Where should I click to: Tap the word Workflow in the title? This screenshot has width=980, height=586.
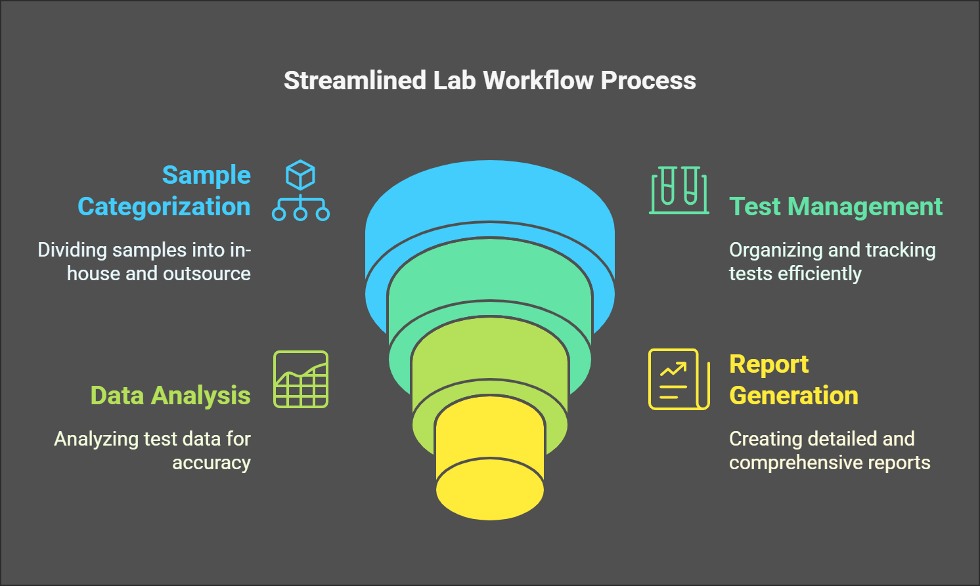[x=539, y=81]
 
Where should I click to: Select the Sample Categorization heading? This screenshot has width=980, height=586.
[x=164, y=191]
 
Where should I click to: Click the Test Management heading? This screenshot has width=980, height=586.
[x=835, y=207]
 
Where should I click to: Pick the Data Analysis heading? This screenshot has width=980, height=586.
[x=170, y=396]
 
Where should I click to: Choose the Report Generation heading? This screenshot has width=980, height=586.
[x=793, y=380]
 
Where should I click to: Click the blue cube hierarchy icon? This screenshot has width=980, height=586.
[x=301, y=190]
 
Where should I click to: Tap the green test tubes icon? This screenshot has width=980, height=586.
[x=679, y=190]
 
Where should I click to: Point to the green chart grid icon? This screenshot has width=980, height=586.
[x=301, y=379]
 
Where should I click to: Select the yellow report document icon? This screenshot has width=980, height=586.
[x=679, y=379]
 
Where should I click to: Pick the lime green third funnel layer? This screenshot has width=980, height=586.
[x=489, y=354]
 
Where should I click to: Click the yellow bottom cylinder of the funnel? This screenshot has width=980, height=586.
[x=489, y=459]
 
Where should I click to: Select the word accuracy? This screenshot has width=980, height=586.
[x=212, y=463]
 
